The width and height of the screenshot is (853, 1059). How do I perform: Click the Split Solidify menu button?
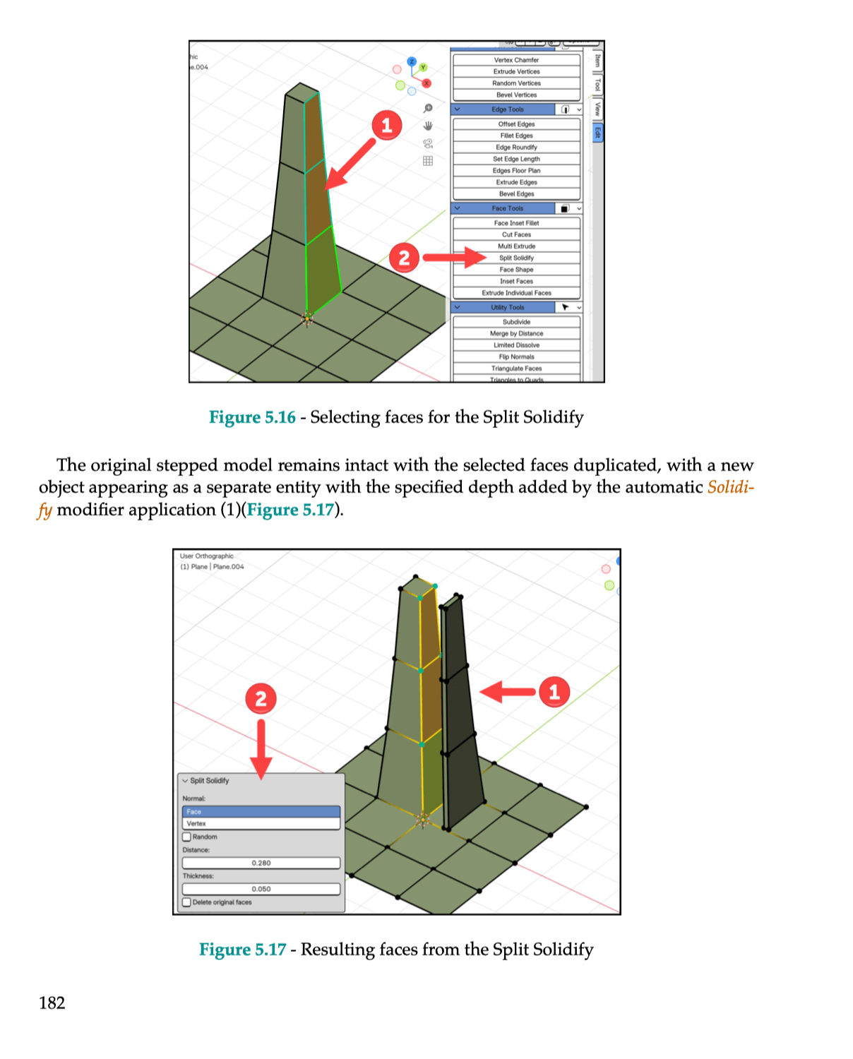pyautogui.click(x=516, y=258)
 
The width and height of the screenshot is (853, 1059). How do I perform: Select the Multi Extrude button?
pyautogui.click(x=516, y=246)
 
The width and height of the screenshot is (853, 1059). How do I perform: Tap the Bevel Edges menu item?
pyautogui.click(x=516, y=193)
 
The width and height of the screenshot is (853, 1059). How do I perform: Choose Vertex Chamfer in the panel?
pyautogui.click(x=516, y=60)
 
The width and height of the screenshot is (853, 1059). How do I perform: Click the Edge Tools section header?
pyautogui.click(x=507, y=109)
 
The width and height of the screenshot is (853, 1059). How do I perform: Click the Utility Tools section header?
pyautogui.click(x=507, y=307)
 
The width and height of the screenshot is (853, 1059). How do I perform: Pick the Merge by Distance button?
pyautogui.click(x=516, y=333)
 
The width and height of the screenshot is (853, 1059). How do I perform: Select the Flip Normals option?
pyautogui.click(x=516, y=357)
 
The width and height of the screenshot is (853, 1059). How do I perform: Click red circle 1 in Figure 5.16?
pyautogui.click(x=386, y=126)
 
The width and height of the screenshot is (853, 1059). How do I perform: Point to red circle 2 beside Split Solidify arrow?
pyautogui.click(x=404, y=258)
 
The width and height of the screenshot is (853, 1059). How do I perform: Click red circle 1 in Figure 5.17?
pyautogui.click(x=554, y=692)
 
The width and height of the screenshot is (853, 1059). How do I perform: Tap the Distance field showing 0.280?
pyautogui.click(x=261, y=863)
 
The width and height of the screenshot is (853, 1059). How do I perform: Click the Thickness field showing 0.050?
pyautogui.click(x=261, y=889)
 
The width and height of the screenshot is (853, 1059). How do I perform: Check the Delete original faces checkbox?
pyautogui.click(x=187, y=902)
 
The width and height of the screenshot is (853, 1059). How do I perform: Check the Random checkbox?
pyautogui.click(x=187, y=837)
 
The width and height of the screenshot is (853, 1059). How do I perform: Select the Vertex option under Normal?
pyautogui.click(x=261, y=824)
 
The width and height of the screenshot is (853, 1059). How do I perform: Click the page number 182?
pyautogui.click(x=52, y=1003)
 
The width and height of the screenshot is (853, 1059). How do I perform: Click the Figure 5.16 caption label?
pyautogui.click(x=252, y=417)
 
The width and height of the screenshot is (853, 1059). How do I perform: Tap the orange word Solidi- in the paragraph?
pyautogui.click(x=730, y=487)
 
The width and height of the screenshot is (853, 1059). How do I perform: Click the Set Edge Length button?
pyautogui.click(x=516, y=159)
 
